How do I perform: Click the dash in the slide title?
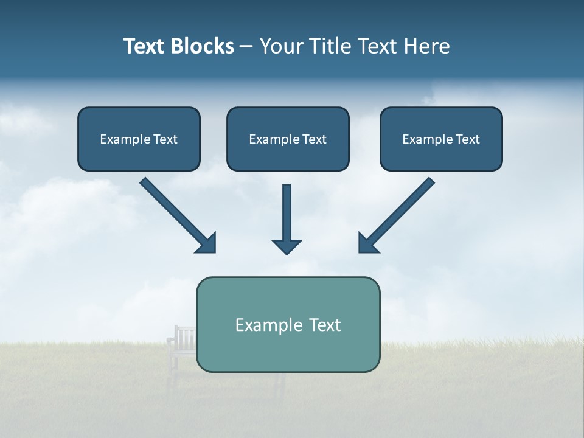[x=246, y=47]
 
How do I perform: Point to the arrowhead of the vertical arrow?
[x=287, y=246]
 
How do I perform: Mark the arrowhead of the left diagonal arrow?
[x=207, y=243]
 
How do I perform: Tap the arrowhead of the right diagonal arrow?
[x=367, y=243]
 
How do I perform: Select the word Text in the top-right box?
[x=467, y=139]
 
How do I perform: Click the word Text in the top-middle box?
[x=314, y=139]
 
